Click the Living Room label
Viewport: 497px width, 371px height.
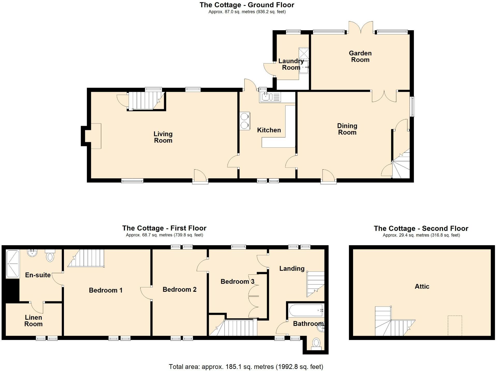coord(163,137)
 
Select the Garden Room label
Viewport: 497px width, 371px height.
coord(360,56)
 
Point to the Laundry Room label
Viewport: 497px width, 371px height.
coord(291,64)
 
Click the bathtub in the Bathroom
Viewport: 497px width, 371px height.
coord(306,310)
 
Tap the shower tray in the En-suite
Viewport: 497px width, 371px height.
coord(12,264)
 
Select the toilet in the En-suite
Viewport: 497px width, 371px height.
coord(50,256)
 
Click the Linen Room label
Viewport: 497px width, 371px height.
coord(33,321)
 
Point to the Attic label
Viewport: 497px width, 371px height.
coord(422,286)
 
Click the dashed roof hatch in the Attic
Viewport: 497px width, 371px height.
coord(455,325)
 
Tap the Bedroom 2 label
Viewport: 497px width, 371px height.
coord(179,289)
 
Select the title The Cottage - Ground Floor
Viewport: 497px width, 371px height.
coord(247,5)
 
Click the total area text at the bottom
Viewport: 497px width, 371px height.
coord(246,367)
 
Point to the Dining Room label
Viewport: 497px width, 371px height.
coord(347,129)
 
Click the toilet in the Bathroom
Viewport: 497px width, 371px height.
coord(316,344)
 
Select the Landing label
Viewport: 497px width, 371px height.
coord(292,268)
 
